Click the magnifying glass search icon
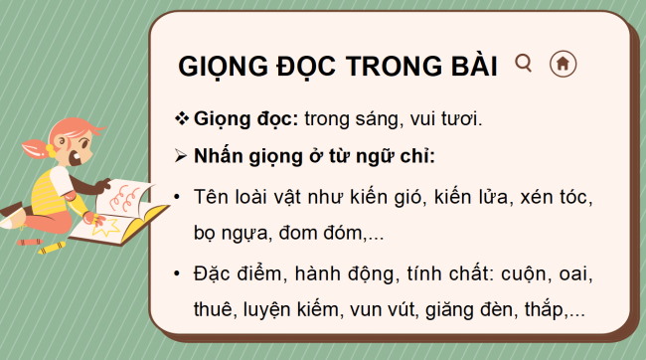point(524,64)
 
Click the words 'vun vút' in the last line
point(381,310)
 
